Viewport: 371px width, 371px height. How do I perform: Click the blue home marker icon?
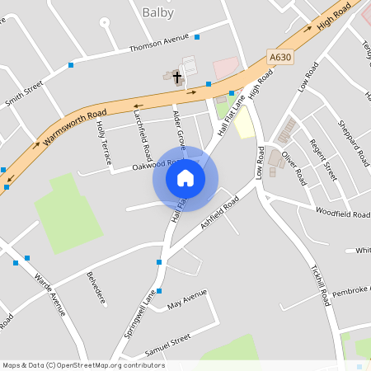[185, 178]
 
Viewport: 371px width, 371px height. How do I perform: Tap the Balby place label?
[158, 12]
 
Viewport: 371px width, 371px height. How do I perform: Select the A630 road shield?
[280, 57]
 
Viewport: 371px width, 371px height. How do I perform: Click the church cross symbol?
[176, 76]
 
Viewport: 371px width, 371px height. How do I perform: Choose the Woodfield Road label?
[343, 213]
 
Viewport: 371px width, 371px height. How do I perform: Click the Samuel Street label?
[167, 341]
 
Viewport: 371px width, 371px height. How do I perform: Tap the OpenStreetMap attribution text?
[83, 365]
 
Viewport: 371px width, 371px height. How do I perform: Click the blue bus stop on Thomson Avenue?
[197, 37]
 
